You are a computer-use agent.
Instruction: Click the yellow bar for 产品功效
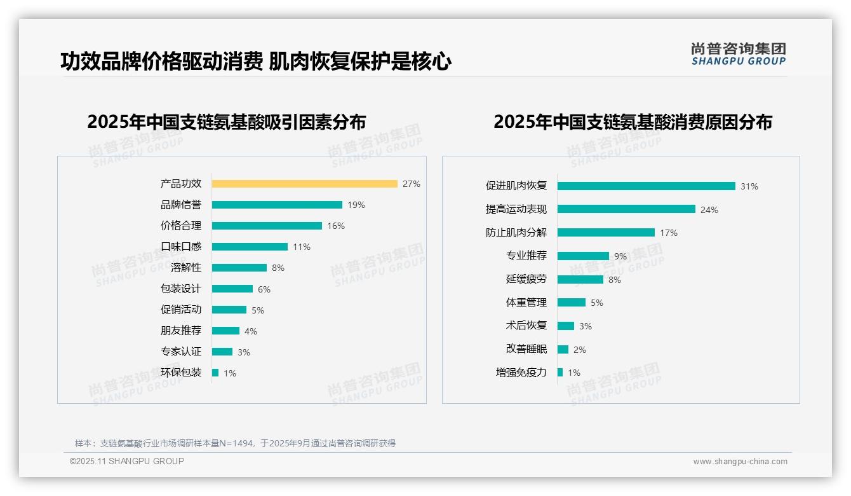[304, 184]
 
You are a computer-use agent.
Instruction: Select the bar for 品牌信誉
[277, 205]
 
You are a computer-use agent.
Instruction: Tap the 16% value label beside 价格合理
[336, 226]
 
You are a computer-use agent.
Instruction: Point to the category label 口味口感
[181, 247]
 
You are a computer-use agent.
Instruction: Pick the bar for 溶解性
[239, 268]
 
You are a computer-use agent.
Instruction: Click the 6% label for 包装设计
[264, 289]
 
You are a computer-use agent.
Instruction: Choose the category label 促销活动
[181, 310]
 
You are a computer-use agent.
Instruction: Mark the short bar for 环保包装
[215, 373]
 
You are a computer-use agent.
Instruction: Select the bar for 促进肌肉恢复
[646, 186]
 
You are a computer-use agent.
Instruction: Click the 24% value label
[709, 210]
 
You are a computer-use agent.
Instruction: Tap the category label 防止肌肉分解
[516, 233]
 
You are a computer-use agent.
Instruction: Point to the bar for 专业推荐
[583, 256]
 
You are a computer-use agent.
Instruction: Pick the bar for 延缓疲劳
[580, 279]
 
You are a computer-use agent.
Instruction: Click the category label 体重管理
[526, 303]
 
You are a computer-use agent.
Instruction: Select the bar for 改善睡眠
[563, 349]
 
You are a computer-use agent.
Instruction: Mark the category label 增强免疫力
[521, 373]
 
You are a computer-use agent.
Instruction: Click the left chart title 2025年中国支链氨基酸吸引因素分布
[227, 121]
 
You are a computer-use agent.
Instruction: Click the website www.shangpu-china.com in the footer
[740, 462]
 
